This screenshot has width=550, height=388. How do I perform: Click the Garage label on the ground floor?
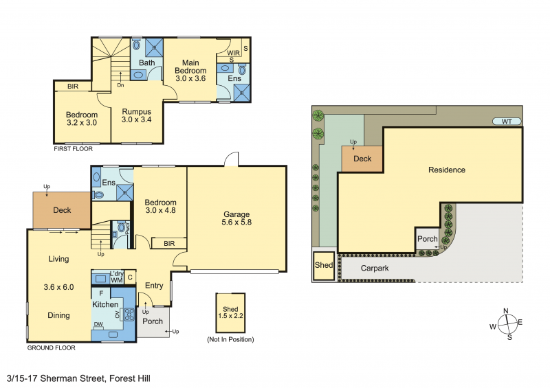(x=236, y=214)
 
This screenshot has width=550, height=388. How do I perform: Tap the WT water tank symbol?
(x=507, y=122)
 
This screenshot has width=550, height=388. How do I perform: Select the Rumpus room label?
(x=136, y=112)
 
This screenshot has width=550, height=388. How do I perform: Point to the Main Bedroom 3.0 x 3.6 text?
(x=190, y=71)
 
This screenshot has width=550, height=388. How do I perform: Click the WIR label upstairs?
(x=234, y=53)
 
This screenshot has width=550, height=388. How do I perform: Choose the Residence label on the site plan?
(x=447, y=170)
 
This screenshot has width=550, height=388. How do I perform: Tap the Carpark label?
(x=375, y=269)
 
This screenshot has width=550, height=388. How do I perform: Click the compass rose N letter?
(x=506, y=311)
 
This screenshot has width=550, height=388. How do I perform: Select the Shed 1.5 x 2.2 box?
(x=230, y=312)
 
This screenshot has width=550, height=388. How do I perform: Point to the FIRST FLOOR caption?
(x=73, y=149)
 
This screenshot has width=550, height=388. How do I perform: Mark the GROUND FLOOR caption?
(x=51, y=348)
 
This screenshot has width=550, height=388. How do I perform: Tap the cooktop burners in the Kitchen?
(x=129, y=315)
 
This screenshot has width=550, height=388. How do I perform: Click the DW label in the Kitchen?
(x=98, y=324)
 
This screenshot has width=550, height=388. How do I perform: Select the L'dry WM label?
(x=116, y=277)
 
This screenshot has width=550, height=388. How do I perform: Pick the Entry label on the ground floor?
(x=154, y=286)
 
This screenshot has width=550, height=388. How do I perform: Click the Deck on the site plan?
(x=362, y=159)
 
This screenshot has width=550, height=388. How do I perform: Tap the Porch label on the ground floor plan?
(x=153, y=321)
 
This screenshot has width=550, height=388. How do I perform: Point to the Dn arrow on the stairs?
(x=120, y=78)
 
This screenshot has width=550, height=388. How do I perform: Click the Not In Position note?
(x=230, y=339)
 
